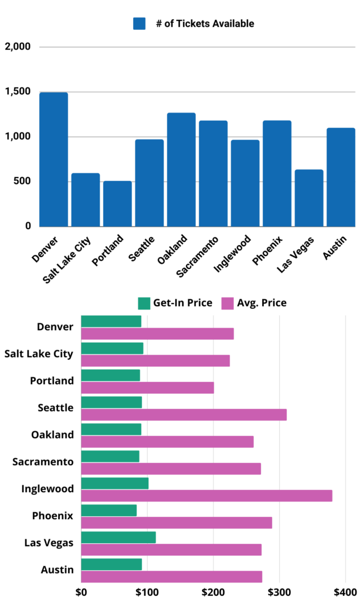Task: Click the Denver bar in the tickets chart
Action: click(53, 159)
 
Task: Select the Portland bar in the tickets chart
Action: click(117, 203)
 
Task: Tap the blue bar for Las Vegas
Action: click(309, 197)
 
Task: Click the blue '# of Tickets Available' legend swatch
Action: click(139, 23)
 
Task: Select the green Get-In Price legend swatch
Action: click(144, 303)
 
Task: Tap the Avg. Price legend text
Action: click(261, 303)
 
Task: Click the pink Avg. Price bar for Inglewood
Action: click(206, 496)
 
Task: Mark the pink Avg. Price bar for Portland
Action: click(147, 388)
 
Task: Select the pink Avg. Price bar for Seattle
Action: click(184, 415)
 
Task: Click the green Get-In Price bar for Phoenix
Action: click(108, 510)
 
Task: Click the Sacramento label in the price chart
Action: click(43, 462)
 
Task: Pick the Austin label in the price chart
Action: click(57, 570)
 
